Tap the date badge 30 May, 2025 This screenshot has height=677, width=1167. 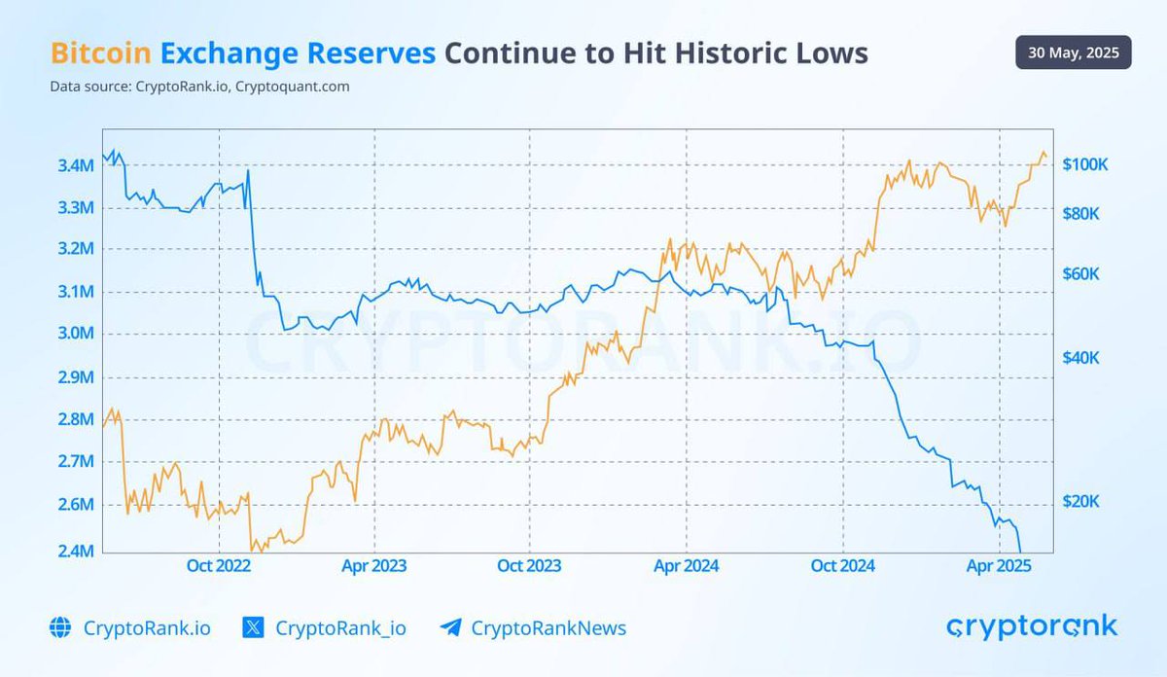pos(1073,52)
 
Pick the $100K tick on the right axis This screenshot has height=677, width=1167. pos(1084,164)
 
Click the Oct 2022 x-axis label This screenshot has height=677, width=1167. pos(219,566)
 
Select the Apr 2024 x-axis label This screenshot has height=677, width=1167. pos(687,566)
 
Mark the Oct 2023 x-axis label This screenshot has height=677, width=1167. pos(529,566)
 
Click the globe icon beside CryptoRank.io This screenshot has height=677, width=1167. pos(60,628)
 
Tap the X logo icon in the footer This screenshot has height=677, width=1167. pos(253,628)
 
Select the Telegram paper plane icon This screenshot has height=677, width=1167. pos(450,628)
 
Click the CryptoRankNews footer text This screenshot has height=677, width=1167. pos(548,628)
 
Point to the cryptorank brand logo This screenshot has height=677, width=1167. pos(1032,627)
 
